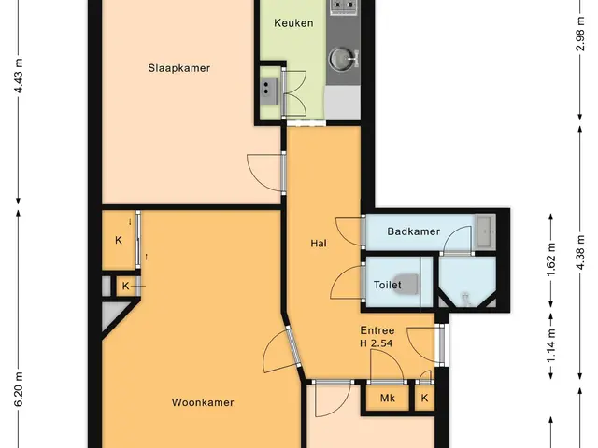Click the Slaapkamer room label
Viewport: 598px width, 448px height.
178,68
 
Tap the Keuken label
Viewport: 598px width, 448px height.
293,23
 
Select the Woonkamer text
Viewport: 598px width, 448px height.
203,402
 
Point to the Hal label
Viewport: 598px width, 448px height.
319,244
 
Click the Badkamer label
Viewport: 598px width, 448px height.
413,231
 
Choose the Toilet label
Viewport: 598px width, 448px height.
388,285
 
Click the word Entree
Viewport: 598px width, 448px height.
377,330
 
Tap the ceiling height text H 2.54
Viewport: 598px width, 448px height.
376,343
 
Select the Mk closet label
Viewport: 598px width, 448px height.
388,399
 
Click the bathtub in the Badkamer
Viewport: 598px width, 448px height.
485,231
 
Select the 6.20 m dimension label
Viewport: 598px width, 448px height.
19,389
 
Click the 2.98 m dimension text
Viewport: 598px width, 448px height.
580,34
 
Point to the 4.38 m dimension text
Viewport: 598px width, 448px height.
580,252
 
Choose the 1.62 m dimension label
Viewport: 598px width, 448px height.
550,259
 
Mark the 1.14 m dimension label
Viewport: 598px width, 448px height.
550,345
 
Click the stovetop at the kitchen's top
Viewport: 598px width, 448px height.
343,7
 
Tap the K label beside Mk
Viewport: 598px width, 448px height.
424,399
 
